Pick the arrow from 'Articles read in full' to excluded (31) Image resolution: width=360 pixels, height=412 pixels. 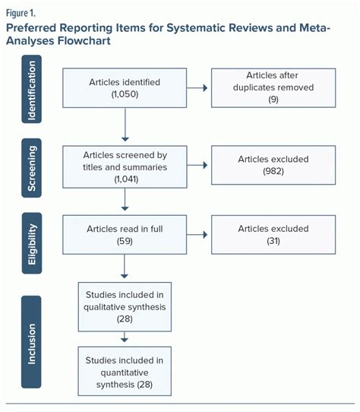pos(199,235)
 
